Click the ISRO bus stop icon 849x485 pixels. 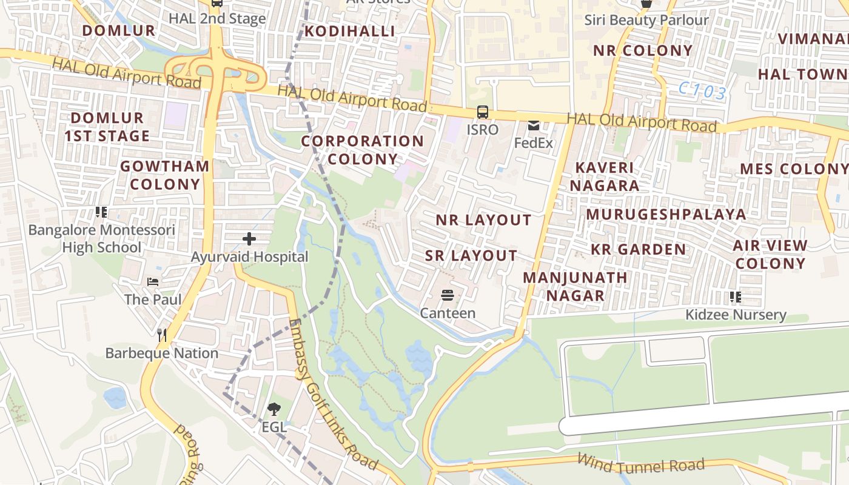point(483,112)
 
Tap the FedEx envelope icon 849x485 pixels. point(534,125)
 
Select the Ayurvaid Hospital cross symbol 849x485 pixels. point(249,239)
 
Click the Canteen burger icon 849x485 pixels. point(448,295)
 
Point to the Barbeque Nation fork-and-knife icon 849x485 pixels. point(162,335)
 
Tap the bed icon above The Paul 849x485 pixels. point(153,282)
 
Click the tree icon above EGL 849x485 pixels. point(274,409)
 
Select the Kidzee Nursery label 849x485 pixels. point(736,315)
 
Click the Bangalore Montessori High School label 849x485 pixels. point(102,239)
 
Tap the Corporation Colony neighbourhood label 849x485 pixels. point(363,150)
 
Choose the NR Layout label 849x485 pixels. point(483,220)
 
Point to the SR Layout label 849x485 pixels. point(471,256)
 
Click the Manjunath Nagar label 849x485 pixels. point(576,286)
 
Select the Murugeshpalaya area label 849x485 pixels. point(666,214)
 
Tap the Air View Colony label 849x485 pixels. point(770,255)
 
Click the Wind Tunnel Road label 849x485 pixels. point(640,464)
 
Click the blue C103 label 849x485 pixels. point(702,91)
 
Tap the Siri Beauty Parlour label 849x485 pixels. point(646,20)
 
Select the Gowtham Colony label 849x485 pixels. point(165,175)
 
